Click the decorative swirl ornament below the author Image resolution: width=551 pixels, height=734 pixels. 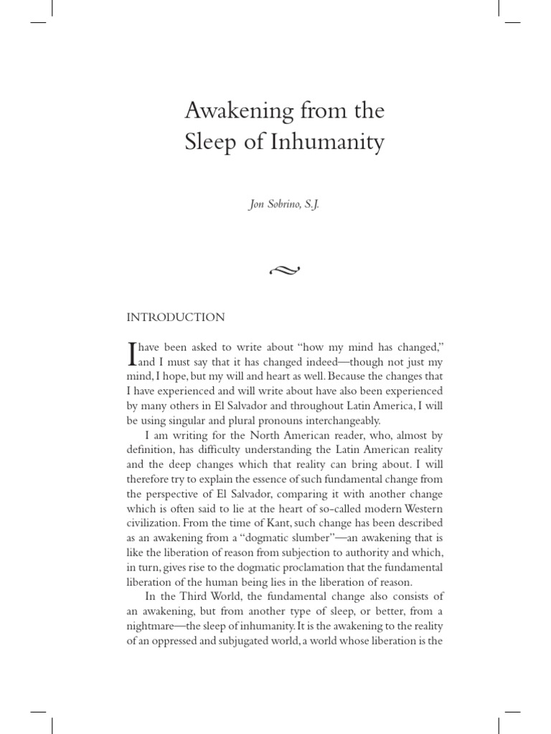(285, 270)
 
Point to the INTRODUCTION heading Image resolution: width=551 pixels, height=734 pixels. (176, 317)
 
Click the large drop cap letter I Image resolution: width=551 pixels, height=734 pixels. (131, 354)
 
